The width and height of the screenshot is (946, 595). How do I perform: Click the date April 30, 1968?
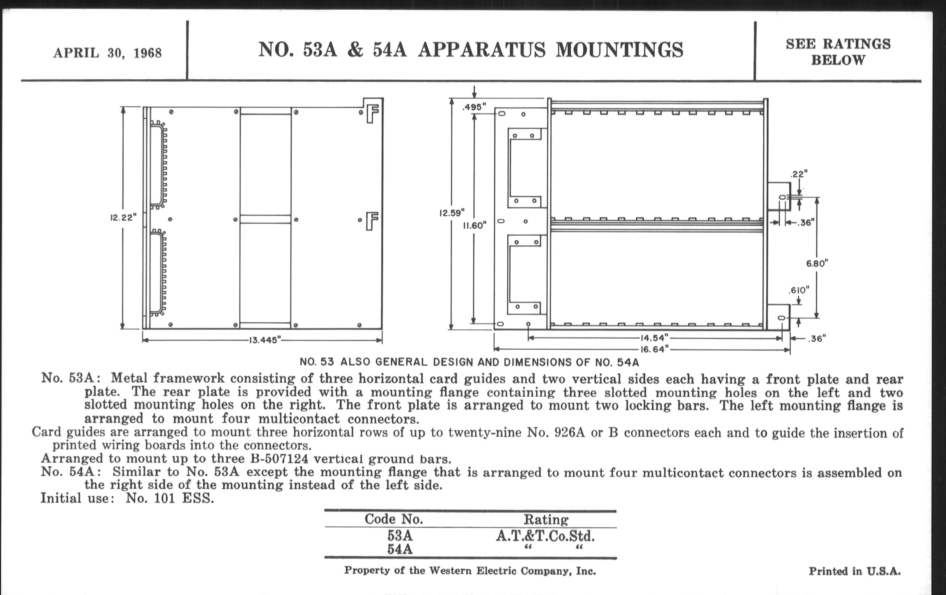(x=107, y=52)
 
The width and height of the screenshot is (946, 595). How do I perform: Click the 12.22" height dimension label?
(x=123, y=217)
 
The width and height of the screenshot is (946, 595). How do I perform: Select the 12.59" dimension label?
(x=452, y=213)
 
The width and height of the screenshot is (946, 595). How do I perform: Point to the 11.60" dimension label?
(x=475, y=226)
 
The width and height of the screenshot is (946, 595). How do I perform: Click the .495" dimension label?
(x=474, y=107)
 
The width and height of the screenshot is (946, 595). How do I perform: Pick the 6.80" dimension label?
(x=817, y=264)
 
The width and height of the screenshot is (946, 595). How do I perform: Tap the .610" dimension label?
(x=799, y=290)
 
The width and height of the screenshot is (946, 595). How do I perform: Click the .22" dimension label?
(x=799, y=173)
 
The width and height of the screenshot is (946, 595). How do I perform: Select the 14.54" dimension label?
(x=654, y=338)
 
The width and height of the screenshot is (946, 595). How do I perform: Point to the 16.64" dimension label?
(x=654, y=349)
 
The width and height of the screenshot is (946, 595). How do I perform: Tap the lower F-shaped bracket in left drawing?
(x=371, y=221)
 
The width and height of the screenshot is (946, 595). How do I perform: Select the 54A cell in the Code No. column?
(x=400, y=549)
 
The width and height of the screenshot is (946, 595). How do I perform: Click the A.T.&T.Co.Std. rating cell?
(x=545, y=536)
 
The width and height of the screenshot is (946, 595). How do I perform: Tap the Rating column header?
(x=546, y=520)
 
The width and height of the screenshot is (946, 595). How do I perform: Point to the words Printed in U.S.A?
(x=855, y=571)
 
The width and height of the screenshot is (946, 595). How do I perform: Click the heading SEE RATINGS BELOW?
(x=838, y=52)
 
